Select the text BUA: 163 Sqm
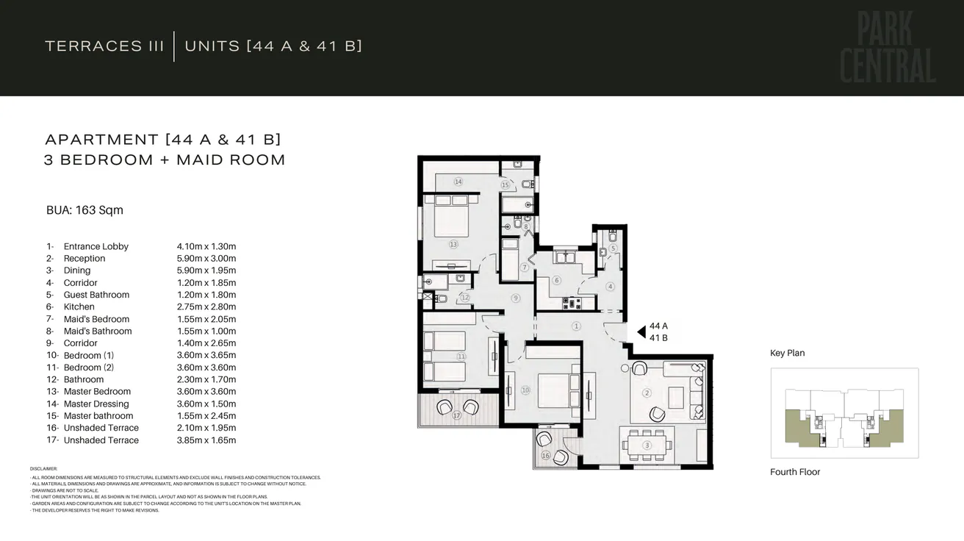pyautogui.click(x=84, y=210)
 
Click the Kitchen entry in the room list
pyautogui.click(x=79, y=307)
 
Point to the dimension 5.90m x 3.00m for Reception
pyautogui.click(x=206, y=259)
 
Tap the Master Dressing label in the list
pyautogui.click(x=96, y=404)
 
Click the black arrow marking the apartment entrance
pyautogui.click(x=640, y=332)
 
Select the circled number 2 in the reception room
pyautogui.click(x=647, y=393)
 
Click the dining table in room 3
pyautogui.click(x=647, y=445)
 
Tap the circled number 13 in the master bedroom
pyautogui.click(x=453, y=244)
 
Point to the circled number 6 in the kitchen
pyautogui.click(x=556, y=280)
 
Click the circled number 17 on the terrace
pyautogui.click(x=456, y=415)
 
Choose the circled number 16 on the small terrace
pyautogui.click(x=544, y=456)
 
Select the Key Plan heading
pyautogui.click(x=787, y=354)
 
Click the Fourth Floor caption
pyautogui.click(x=795, y=472)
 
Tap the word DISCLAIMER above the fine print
pyautogui.click(x=43, y=468)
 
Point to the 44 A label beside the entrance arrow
pyautogui.click(x=658, y=326)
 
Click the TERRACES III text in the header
pyautogui.click(x=104, y=46)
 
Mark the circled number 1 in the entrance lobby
pyautogui.click(x=576, y=326)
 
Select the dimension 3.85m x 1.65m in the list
pyautogui.click(x=206, y=440)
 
